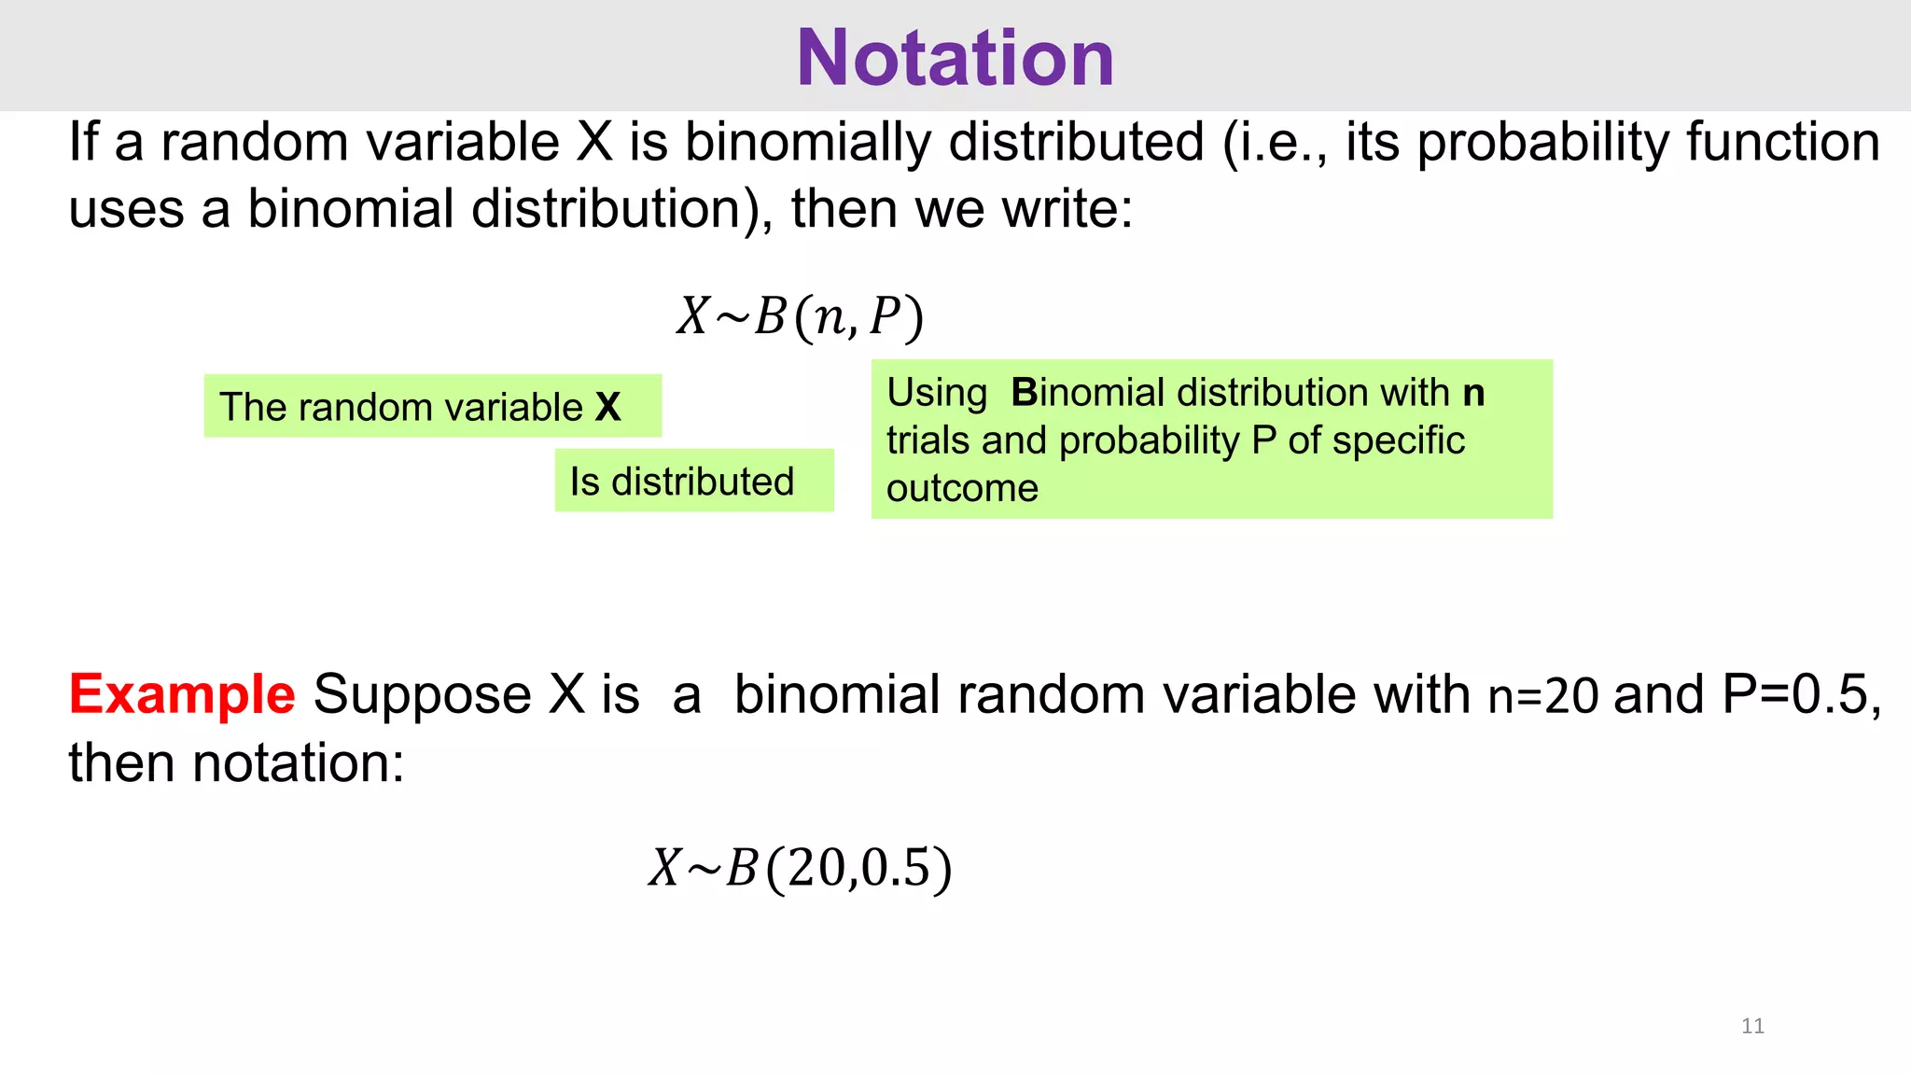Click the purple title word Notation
[955, 58]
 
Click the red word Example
[182, 695]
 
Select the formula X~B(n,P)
[801, 316]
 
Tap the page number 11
[1752, 1026]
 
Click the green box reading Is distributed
[693, 481]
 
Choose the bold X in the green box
[607, 407]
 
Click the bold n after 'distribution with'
[1473, 393]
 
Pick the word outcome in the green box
[962, 488]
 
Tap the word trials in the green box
[928, 440]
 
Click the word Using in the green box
[937, 393]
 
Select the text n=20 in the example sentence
[1542, 696]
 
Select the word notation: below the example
[298, 763]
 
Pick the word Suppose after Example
[423, 696]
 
